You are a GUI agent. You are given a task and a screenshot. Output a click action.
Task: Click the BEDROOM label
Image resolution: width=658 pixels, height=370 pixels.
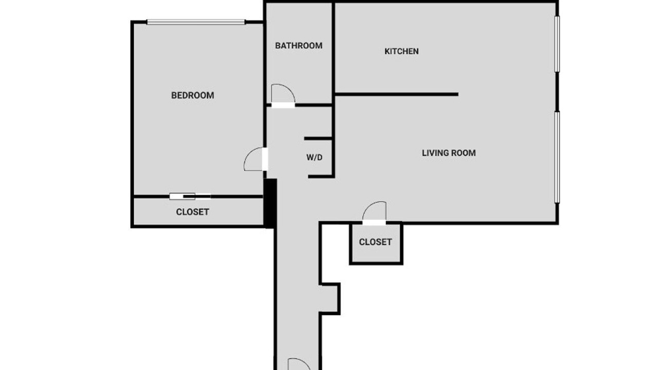[192, 96]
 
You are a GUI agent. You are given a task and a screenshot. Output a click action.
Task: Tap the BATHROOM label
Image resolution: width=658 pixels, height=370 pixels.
[299, 46]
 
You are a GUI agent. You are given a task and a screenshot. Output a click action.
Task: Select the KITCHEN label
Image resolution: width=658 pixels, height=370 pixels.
[401, 51]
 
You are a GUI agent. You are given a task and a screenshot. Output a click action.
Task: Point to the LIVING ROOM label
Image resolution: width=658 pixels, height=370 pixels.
[449, 153]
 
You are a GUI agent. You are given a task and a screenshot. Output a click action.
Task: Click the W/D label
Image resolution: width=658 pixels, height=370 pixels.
[314, 157]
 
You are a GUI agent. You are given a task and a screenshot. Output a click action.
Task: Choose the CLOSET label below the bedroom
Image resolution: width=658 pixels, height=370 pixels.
[192, 212]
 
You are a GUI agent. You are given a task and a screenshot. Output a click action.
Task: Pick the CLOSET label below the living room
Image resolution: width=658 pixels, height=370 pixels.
[375, 242]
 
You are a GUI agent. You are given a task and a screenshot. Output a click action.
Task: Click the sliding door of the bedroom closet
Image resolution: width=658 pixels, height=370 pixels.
[190, 196]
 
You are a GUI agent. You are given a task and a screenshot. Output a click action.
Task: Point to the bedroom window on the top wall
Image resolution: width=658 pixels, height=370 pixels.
[196, 22]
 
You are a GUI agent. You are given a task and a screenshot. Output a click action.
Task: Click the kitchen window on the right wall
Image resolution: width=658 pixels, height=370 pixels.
[557, 44]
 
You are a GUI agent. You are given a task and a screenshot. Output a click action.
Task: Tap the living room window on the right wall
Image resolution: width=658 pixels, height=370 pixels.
[557, 157]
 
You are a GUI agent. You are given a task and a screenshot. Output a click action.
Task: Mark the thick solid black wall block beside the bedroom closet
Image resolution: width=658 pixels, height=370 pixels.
[270, 203]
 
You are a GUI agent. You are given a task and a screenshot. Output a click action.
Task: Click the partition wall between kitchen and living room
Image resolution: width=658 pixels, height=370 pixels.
[396, 94]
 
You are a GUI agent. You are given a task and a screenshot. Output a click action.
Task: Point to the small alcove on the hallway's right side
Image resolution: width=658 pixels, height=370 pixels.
[330, 299]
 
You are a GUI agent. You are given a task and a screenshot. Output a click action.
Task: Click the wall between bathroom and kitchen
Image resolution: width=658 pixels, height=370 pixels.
[334, 53]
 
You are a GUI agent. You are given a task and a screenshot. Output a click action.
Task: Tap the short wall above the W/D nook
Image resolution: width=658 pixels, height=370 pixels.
[318, 138]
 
